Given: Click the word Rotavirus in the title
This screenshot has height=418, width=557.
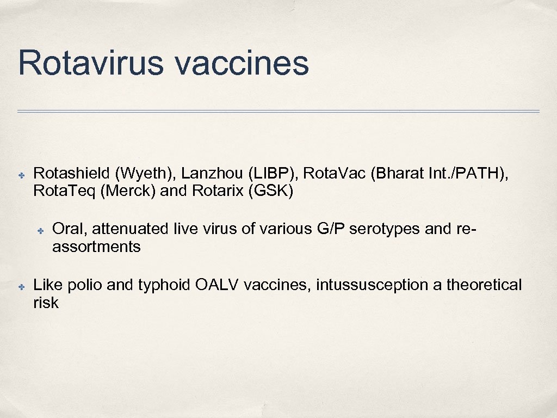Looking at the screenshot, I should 90,63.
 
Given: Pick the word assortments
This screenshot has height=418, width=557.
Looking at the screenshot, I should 96,247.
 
